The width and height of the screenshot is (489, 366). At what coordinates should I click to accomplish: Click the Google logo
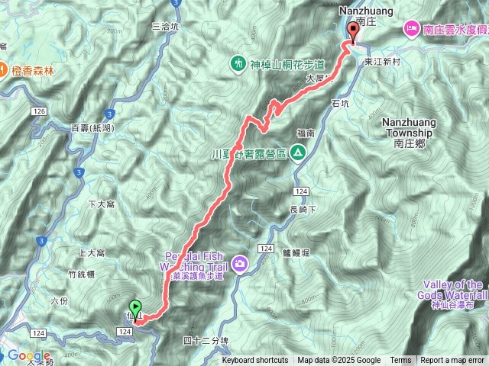tap(29, 356)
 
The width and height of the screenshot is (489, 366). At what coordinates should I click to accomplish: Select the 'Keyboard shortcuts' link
tap(255, 361)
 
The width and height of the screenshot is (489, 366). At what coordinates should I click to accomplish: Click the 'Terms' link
tap(400, 361)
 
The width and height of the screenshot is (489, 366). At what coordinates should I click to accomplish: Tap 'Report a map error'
tap(453, 361)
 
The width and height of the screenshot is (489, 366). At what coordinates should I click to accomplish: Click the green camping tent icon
tap(297, 153)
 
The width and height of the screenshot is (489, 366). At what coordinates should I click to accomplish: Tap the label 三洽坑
tap(166, 26)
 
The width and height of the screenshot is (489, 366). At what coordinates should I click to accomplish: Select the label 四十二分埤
tap(206, 340)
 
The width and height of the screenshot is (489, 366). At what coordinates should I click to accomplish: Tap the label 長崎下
tap(303, 210)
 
